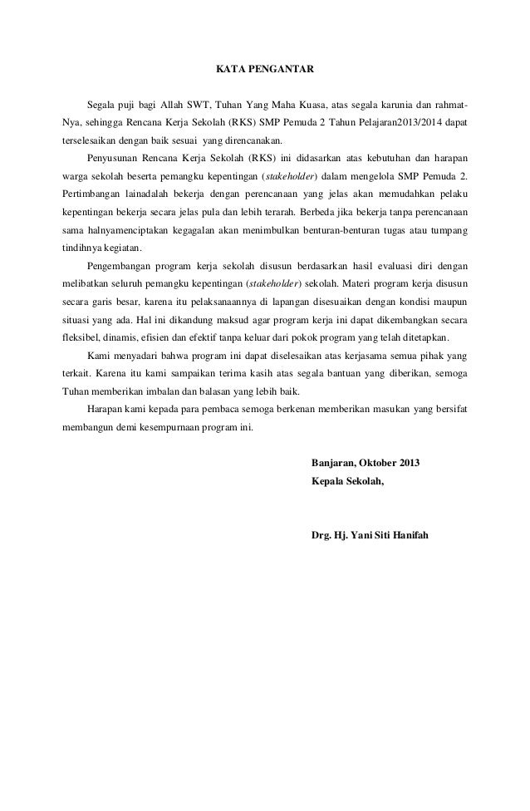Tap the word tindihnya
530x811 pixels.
pos(81,248)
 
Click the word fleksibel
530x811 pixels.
pos(82,339)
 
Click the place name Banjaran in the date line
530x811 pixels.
pos(331,462)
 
